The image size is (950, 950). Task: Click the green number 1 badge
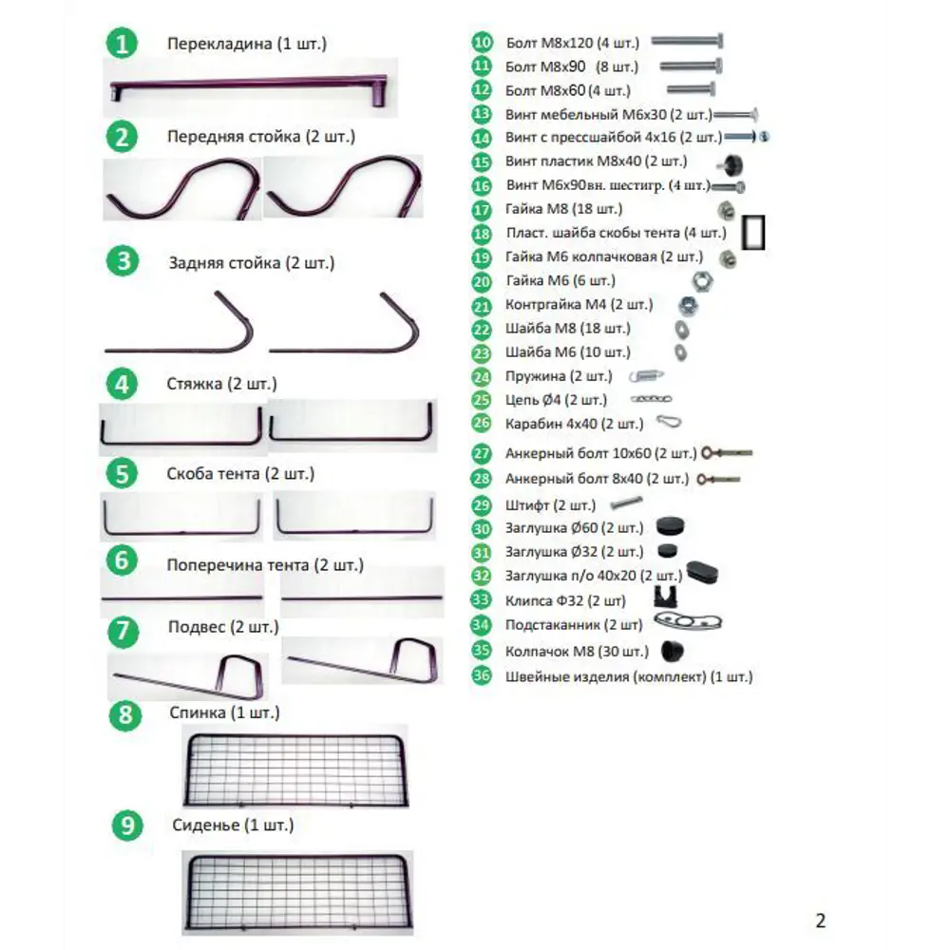coord(122,44)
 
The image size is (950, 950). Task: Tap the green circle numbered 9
coord(127,826)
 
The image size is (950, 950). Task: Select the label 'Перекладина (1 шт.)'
coord(247,45)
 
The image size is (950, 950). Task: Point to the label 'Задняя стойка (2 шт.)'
coord(252,263)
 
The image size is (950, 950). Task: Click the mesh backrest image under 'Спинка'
coord(295,769)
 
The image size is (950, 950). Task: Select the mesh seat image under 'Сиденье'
coord(297,892)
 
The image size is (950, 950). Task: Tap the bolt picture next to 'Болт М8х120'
coord(687,41)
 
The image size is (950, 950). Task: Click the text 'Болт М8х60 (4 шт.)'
coord(568,91)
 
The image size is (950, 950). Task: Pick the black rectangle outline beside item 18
coord(753,233)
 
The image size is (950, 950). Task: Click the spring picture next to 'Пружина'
coord(646,376)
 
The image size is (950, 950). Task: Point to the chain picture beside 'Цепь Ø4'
coord(652,399)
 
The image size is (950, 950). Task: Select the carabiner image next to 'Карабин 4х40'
coord(669,422)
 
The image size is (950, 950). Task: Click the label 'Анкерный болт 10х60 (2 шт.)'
coord(601,453)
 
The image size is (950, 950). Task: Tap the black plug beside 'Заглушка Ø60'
coord(670,526)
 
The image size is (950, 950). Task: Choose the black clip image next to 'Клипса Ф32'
coord(666,597)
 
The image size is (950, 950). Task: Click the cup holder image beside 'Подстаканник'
coord(688,621)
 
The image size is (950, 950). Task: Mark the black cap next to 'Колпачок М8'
coord(672,651)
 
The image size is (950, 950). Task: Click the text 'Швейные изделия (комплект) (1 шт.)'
coord(629,676)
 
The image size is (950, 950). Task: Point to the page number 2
coord(821,921)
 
